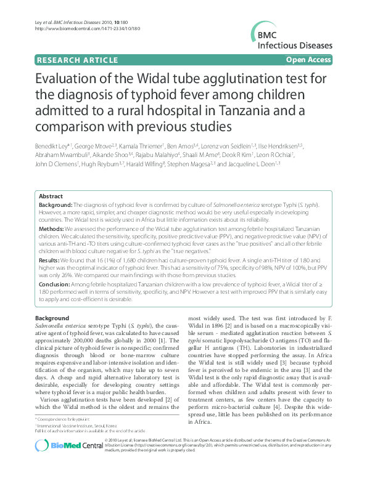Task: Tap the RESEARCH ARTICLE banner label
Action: (x=77, y=60)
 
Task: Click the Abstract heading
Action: (x=51, y=195)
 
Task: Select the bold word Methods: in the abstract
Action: (x=53, y=227)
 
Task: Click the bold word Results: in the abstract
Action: (x=51, y=260)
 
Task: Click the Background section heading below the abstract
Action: (x=52, y=318)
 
